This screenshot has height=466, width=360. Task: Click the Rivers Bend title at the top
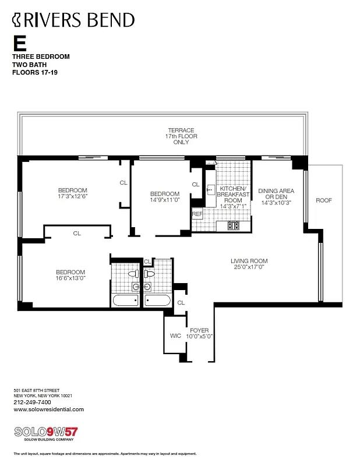[73, 20]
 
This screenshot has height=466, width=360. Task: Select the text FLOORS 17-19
[36, 73]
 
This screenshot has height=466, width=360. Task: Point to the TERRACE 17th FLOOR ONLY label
[181, 136]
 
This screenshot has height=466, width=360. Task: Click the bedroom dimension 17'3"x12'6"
[72, 197]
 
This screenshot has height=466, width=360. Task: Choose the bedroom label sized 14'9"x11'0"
[164, 200]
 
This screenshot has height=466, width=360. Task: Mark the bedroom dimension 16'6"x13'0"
[70, 278]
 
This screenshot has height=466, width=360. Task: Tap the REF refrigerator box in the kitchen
[197, 214]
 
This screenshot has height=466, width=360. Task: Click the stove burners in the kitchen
[234, 225]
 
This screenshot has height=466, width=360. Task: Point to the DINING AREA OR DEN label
[276, 197]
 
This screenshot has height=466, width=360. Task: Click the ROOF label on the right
[324, 200]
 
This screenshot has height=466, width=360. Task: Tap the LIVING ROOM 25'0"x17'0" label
[249, 264]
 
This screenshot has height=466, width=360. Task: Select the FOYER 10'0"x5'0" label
[200, 333]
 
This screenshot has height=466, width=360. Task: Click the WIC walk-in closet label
[175, 336]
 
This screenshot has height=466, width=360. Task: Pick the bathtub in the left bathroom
[126, 301]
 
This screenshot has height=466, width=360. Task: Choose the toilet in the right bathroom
[149, 273]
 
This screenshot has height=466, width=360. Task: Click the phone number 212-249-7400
[32, 402]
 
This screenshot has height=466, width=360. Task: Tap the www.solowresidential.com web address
[48, 409]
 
